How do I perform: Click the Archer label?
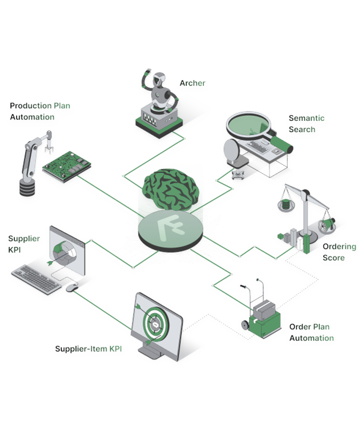(x=192, y=83)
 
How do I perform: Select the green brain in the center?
(x=171, y=189)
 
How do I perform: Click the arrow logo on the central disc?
(x=170, y=227)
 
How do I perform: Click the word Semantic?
(x=307, y=118)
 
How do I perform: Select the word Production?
(x=31, y=106)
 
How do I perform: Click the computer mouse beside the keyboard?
(x=72, y=288)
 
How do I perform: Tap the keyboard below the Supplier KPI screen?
(x=36, y=279)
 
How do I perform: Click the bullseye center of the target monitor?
(x=156, y=325)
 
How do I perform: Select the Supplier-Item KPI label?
(x=88, y=349)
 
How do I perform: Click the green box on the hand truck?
(x=265, y=325)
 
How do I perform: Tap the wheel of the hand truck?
(x=245, y=325)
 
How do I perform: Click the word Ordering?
(x=339, y=247)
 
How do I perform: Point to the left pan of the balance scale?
(x=285, y=205)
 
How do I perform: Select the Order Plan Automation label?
(x=312, y=333)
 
